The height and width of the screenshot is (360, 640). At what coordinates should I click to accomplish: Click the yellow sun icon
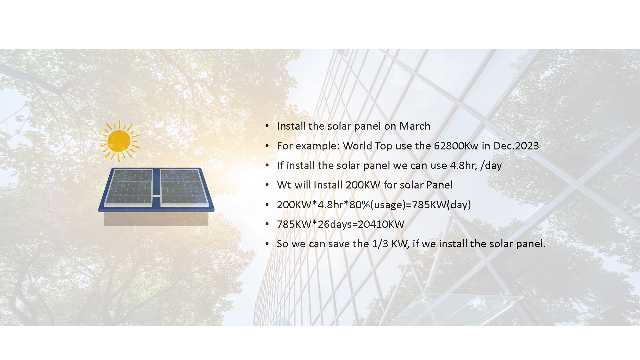tap(119, 141)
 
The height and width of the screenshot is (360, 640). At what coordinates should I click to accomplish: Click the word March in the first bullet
tap(415, 126)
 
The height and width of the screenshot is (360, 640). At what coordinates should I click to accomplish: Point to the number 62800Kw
tap(456, 146)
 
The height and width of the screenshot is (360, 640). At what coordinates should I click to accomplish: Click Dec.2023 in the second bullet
tap(516, 146)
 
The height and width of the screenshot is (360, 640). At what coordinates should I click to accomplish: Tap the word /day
tap(491, 166)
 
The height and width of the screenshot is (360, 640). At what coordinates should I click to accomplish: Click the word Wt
tap(284, 185)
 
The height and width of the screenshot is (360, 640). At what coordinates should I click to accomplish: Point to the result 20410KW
tap(381, 224)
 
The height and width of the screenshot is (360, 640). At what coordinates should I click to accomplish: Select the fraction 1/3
tap(380, 244)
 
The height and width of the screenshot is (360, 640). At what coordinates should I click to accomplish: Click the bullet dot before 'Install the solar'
tap(267, 126)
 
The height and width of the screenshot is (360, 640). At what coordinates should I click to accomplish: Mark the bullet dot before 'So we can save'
tap(267, 244)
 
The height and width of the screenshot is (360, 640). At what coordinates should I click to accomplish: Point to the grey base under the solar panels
tap(156, 219)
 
